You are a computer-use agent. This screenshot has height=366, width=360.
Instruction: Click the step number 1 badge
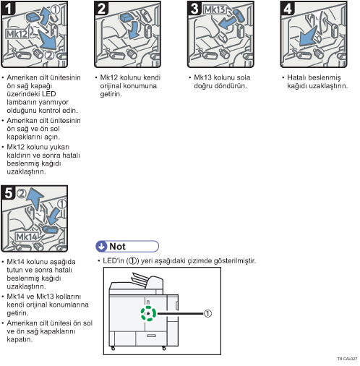8,8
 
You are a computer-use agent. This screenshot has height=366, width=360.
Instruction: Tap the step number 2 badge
101,8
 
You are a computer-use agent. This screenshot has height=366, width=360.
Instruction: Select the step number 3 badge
194,8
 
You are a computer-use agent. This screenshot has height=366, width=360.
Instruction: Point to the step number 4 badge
288,8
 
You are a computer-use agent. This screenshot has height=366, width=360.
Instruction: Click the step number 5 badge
9,192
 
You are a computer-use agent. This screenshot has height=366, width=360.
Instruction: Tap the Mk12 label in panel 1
17,34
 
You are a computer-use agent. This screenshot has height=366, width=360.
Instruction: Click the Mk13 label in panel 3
215,9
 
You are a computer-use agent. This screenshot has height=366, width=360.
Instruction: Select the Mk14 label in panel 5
27,237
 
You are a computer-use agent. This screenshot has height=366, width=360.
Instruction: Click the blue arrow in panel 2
133,30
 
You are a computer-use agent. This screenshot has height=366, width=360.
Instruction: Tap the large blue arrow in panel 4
308,36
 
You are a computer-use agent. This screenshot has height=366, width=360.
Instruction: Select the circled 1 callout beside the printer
207,313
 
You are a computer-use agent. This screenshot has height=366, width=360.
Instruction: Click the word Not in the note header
117,247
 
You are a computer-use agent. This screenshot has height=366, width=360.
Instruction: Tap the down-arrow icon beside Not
102,247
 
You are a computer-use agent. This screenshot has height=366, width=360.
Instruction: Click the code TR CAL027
347,359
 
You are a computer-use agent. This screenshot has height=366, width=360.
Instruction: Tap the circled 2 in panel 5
22,193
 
